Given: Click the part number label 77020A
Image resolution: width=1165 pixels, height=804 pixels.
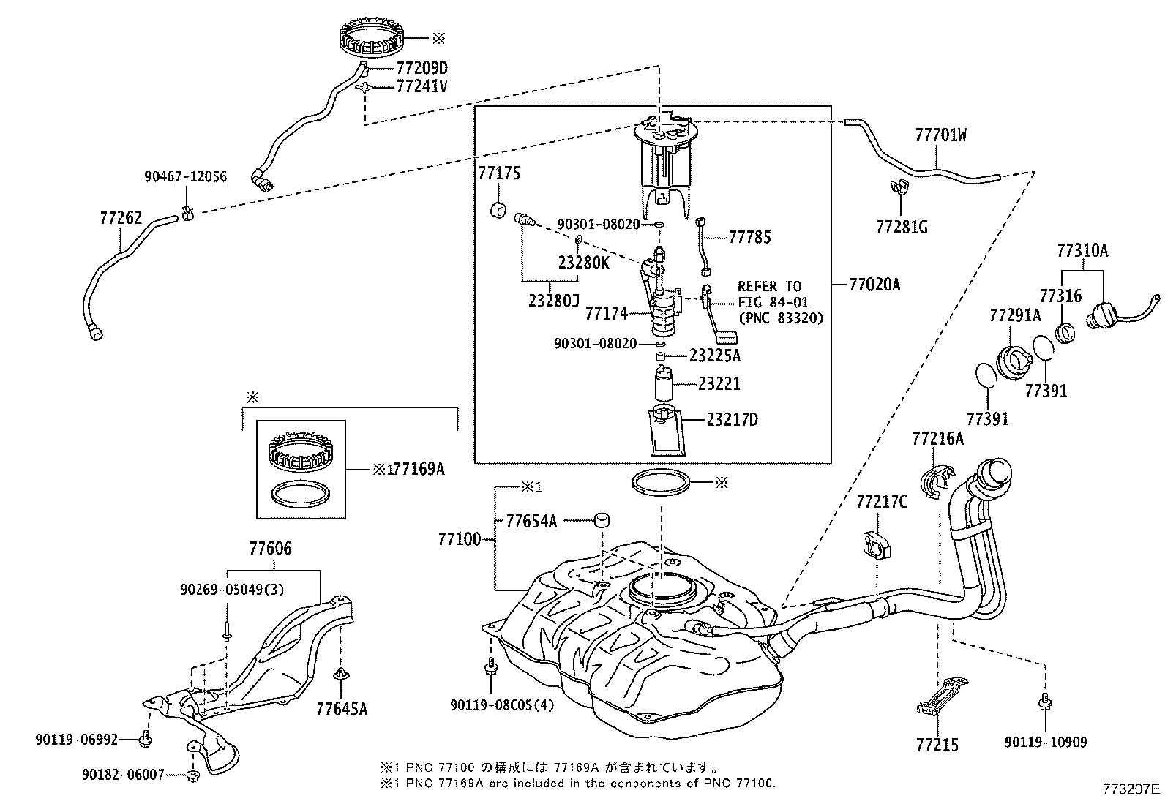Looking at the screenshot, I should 874,285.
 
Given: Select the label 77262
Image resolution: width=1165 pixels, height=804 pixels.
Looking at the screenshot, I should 121,218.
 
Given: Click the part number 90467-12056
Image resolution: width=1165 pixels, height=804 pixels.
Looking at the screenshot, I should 185,177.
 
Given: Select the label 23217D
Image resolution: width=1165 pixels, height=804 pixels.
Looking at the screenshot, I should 732,420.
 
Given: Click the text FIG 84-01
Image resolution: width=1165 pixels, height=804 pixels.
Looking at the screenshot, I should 769,302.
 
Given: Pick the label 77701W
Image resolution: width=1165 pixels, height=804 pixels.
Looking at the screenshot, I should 940,135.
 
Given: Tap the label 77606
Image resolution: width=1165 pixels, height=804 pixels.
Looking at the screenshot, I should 269,549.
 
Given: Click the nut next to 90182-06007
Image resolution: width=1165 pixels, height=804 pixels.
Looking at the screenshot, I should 192,774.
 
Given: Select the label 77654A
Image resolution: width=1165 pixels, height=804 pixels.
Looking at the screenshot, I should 531,521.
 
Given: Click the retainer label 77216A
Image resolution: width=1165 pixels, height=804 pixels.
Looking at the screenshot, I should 937,439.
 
